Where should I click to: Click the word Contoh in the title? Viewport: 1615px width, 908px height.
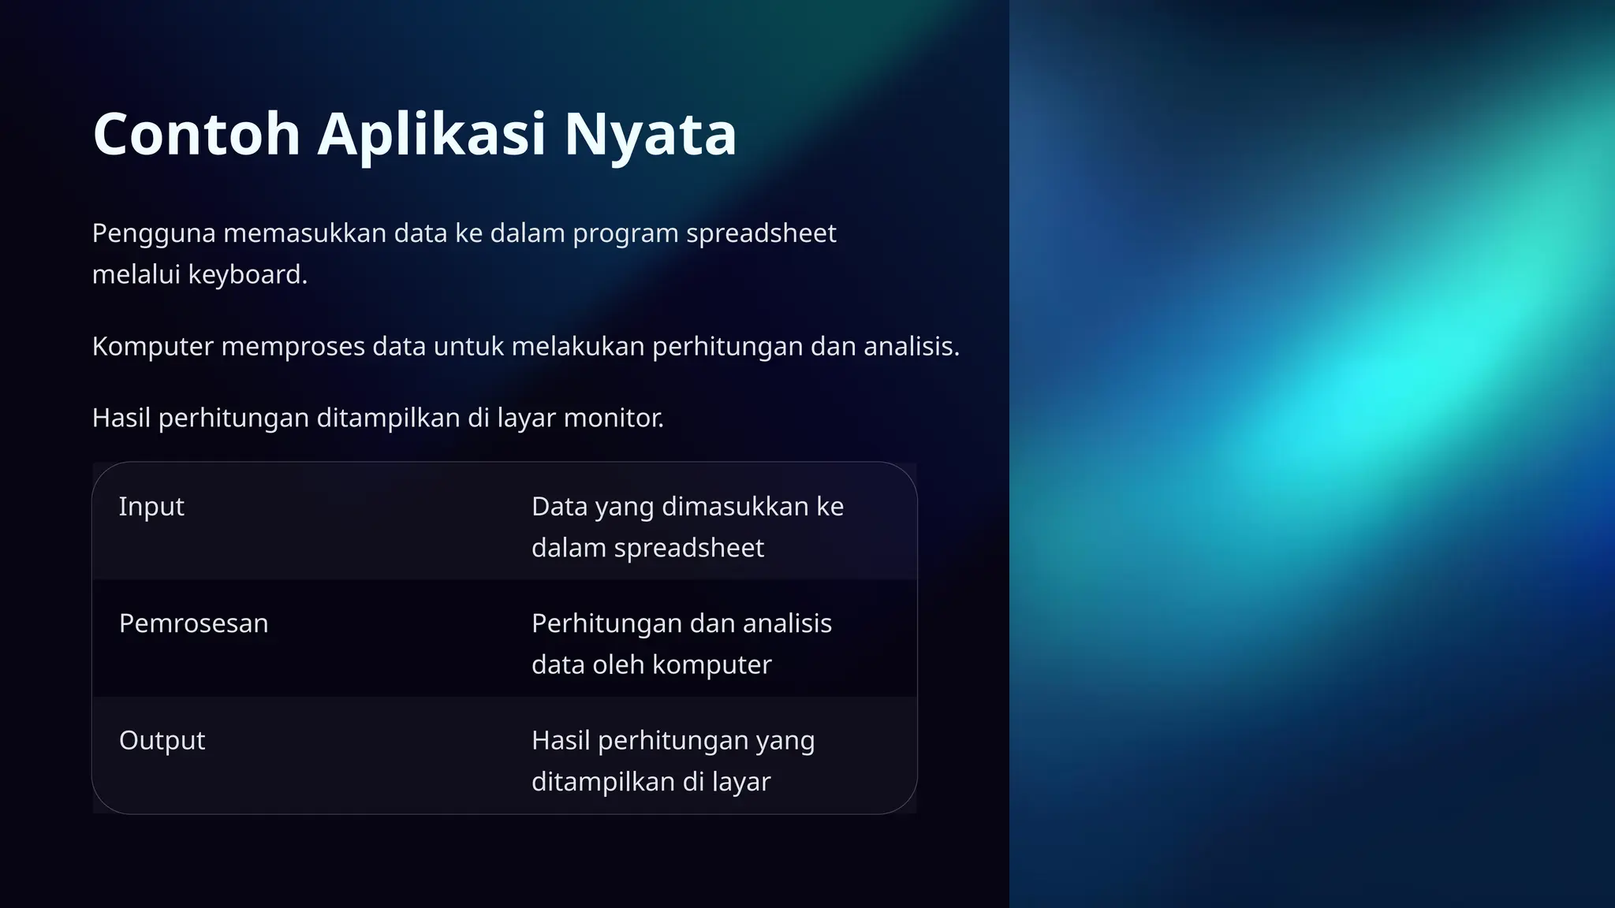(x=196, y=134)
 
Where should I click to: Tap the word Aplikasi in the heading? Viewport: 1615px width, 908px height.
(x=431, y=134)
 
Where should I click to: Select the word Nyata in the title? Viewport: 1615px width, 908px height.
(x=650, y=134)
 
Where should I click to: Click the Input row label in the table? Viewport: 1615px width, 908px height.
(x=151, y=506)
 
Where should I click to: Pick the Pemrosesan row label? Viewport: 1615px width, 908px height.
(x=193, y=623)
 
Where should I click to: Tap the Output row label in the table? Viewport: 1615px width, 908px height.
(x=162, y=740)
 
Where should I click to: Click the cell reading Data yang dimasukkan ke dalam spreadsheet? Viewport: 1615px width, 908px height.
(x=687, y=527)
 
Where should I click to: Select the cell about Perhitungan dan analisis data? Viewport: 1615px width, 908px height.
(x=681, y=643)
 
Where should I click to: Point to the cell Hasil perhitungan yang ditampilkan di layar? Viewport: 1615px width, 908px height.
(x=673, y=761)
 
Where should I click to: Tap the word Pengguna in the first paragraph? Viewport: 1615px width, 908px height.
(x=154, y=233)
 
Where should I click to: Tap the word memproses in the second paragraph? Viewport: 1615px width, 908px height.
(x=293, y=346)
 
